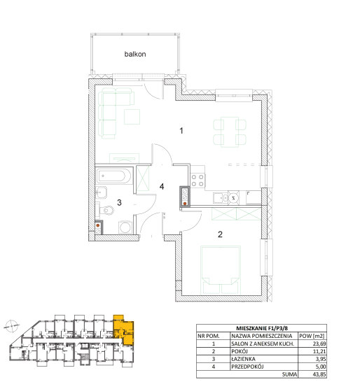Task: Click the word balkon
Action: [135, 54]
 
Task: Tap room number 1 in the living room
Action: [181, 131]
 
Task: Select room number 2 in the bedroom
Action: [220, 234]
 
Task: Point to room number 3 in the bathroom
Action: [119, 202]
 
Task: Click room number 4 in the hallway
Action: [162, 187]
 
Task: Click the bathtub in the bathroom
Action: [113, 176]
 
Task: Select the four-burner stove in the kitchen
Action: [198, 181]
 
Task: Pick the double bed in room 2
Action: [221, 270]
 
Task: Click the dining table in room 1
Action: [230, 132]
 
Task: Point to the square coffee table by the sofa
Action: [132, 117]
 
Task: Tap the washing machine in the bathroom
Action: [125, 227]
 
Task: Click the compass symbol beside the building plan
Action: [12, 326]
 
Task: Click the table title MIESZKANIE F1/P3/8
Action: [262, 328]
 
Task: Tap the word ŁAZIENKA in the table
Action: [243, 359]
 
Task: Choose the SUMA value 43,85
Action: [319, 374]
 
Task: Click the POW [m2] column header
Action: [312, 336]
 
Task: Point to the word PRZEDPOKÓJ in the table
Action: [247, 367]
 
